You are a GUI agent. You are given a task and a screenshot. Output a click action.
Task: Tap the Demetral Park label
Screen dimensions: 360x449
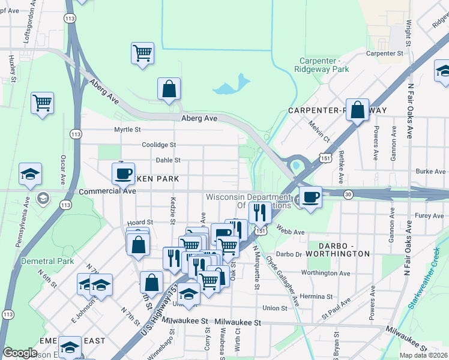pos(47,261)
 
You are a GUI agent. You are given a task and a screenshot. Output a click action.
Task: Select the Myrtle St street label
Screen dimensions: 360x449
pos(127,129)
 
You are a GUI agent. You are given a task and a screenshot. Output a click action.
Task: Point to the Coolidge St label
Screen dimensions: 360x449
pos(158,145)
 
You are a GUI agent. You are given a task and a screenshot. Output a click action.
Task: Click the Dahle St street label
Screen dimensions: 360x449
pos(168,160)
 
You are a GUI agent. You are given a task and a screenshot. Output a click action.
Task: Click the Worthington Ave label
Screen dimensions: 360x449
pos(325,273)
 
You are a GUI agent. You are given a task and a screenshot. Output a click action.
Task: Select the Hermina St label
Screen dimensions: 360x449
pos(317,296)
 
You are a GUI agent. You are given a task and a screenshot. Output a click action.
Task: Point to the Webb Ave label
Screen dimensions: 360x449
pos(291,232)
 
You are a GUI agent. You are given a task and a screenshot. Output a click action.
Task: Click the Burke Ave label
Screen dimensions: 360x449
pos(430,171)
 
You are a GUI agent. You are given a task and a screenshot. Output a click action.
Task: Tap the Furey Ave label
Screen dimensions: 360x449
pos(429,215)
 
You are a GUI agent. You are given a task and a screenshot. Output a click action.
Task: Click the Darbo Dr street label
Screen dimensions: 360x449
pos(288,254)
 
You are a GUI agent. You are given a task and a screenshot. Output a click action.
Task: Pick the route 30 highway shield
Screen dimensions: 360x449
pos(348,194)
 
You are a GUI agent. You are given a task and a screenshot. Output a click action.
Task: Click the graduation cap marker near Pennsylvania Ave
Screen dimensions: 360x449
pos(30,174)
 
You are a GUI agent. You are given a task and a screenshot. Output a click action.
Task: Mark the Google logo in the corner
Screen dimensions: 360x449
pos(20,353)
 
